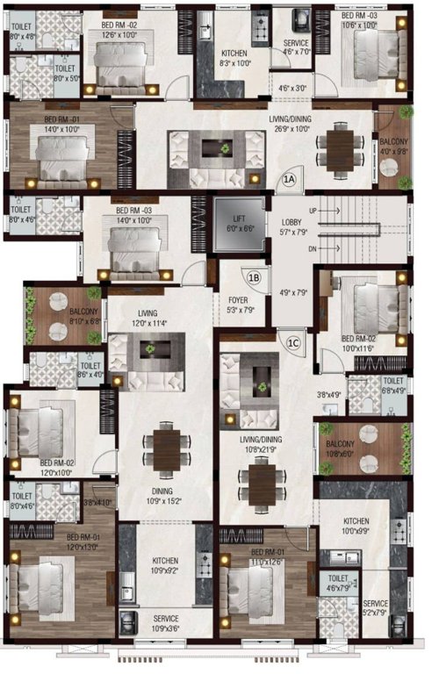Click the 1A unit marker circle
click(291, 181)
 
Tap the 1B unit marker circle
click(255, 279)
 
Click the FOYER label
click(239, 298)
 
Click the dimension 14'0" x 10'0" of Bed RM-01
click(62, 128)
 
